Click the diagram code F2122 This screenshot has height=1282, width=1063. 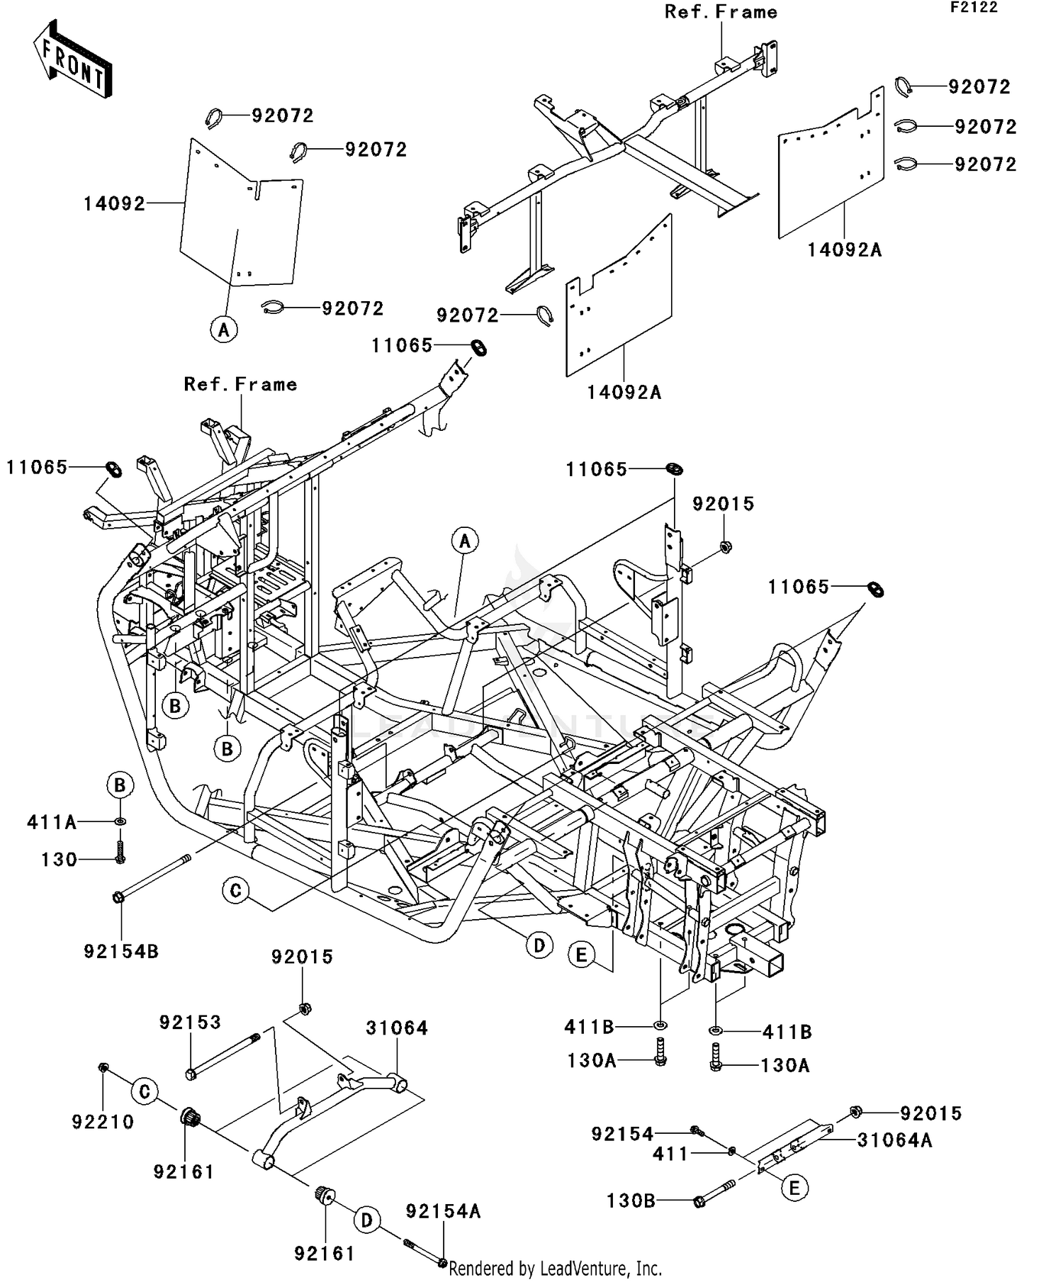pyautogui.click(x=974, y=8)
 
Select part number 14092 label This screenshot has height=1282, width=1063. pyautogui.click(x=114, y=204)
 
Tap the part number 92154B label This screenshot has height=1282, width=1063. pyautogui.click(x=121, y=951)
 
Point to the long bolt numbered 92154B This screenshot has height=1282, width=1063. pyautogui.click(x=152, y=877)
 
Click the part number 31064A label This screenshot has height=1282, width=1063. pyautogui.click(x=894, y=1140)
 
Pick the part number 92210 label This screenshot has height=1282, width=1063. pyautogui.click(x=103, y=1122)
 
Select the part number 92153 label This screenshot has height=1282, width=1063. pyautogui.click(x=190, y=1022)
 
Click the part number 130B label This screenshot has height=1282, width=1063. pyautogui.click(x=631, y=1201)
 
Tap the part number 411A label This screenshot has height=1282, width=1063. pyautogui.click(x=51, y=822)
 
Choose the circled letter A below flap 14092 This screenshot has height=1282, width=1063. pyautogui.click(x=224, y=330)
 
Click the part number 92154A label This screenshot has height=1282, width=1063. pyautogui.click(x=443, y=1211)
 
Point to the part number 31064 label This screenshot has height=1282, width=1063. pyautogui.click(x=397, y=1028)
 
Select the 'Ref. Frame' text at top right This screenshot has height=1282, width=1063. pyautogui.click(x=721, y=12)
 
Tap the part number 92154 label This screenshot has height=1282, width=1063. pyautogui.click(x=622, y=1134)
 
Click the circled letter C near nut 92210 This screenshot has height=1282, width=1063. pyautogui.click(x=145, y=1091)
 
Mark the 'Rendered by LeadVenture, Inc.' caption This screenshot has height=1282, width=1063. pyautogui.click(x=555, y=1268)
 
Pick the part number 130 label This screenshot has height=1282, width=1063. pyautogui.click(x=59, y=860)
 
